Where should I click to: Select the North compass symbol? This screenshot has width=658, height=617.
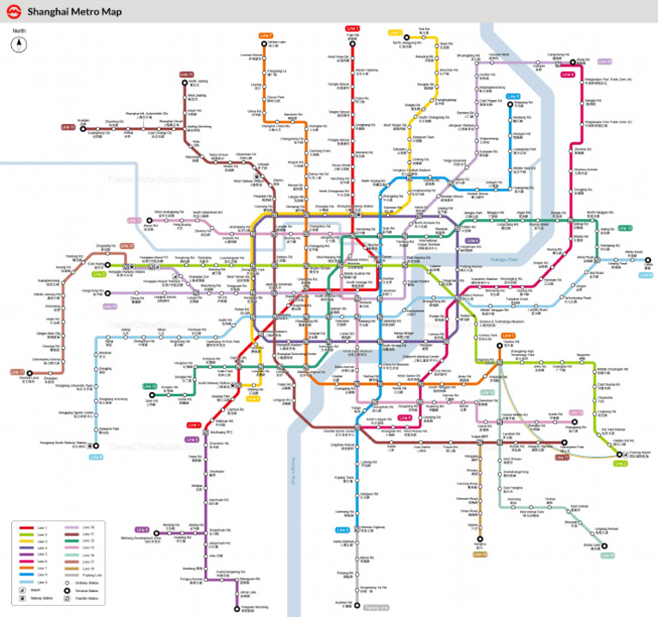pos(18,44)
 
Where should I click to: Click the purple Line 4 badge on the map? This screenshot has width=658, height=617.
pos(472,240)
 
